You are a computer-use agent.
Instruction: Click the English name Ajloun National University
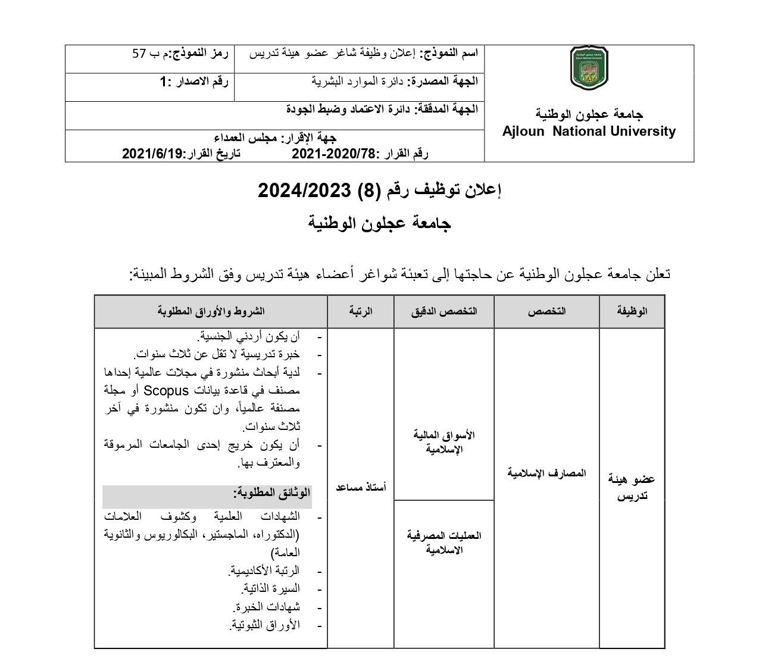click(589, 132)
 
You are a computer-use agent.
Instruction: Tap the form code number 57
click(139, 54)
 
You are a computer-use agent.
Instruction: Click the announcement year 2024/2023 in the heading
click(303, 191)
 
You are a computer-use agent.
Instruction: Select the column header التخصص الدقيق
click(444, 311)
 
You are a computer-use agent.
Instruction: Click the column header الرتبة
click(361, 311)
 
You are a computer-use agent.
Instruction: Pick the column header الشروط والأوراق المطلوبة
click(211, 311)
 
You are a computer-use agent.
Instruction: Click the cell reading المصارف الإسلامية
click(546, 473)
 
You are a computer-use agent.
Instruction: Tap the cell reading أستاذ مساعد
click(361, 487)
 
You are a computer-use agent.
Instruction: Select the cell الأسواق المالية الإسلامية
click(444, 442)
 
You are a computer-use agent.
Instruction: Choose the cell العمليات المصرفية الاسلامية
click(444, 542)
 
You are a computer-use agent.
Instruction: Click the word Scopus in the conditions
click(166, 391)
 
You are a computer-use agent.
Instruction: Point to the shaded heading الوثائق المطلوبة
click(271, 493)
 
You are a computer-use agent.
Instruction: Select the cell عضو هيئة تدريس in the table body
click(632, 487)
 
